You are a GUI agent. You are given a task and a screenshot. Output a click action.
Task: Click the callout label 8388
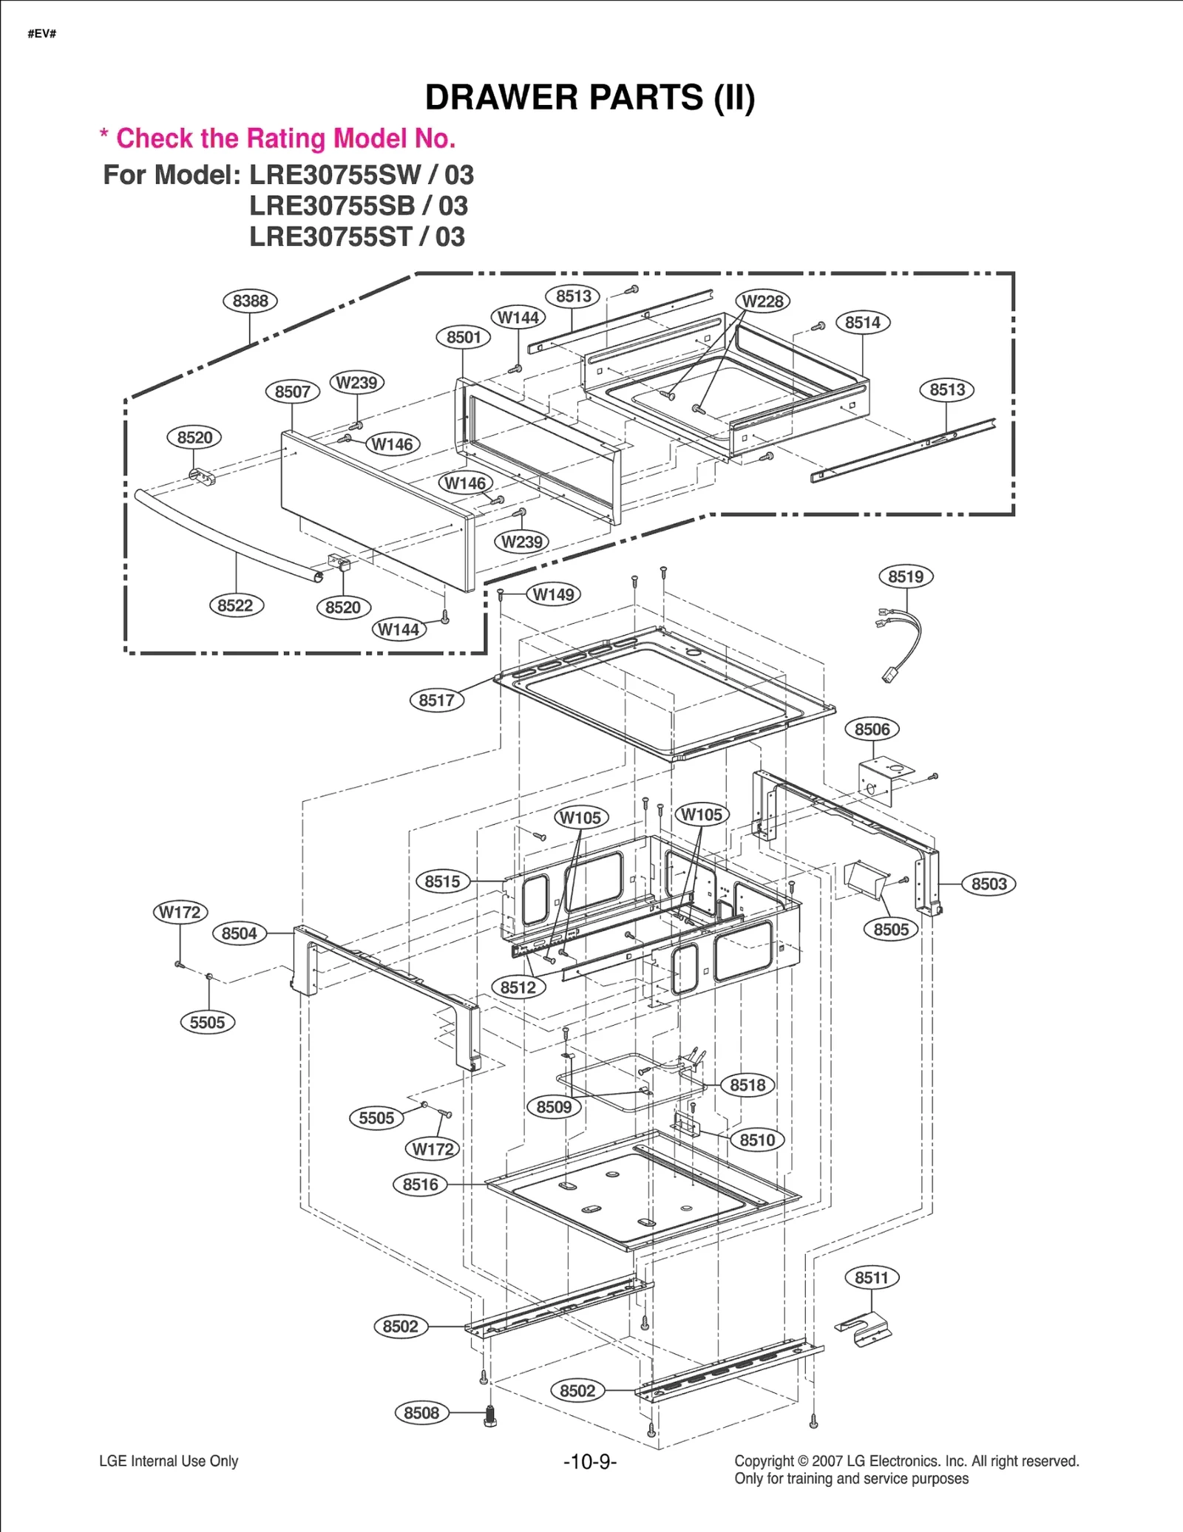pyautogui.click(x=250, y=301)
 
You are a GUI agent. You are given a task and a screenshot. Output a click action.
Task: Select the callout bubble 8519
pyautogui.click(x=906, y=576)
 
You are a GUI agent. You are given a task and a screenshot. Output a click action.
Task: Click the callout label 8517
pyautogui.click(x=436, y=700)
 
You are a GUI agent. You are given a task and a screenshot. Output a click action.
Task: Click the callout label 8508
pyautogui.click(x=421, y=1412)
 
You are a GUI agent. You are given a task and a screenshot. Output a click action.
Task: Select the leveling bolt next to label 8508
pyautogui.click(x=489, y=1416)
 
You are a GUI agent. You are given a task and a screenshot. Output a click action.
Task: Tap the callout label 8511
pyautogui.click(x=872, y=1277)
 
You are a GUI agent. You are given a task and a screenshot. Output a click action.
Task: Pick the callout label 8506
pyautogui.click(x=872, y=729)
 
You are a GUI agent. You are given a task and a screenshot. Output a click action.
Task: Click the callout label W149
pyautogui.click(x=553, y=594)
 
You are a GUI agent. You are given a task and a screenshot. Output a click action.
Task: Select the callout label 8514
pyautogui.click(x=863, y=322)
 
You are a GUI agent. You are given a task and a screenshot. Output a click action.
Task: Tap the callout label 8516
pyautogui.click(x=420, y=1185)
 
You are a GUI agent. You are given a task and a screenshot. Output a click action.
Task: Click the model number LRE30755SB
pyautogui.click(x=332, y=206)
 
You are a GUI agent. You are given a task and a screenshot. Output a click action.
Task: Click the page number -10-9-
pyautogui.click(x=589, y=1462)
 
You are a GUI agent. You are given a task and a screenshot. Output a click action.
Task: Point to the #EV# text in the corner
pyautogui.click(x=42, y=34)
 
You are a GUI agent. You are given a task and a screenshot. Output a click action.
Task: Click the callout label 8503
pyautogui.click(x=989, y=884)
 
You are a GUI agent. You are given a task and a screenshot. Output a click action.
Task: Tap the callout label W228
pyautogui.click(x=762, y=301)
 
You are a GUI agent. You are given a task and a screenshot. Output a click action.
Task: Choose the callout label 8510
pyautogui.click(x=757, y=1140)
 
